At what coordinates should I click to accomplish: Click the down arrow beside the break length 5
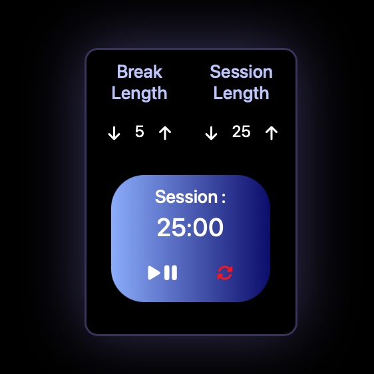coord(114,133)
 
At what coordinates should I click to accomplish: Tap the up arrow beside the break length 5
coord(165,133)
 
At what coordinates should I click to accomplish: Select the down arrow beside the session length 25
coord(211,133)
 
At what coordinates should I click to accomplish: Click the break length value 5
coord(140,132)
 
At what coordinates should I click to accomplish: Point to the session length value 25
coord(241,132)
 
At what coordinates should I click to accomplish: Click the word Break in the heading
coord(140,72)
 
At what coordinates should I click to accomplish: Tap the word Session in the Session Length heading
coord(241,72)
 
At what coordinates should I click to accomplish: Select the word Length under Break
coord(140,93)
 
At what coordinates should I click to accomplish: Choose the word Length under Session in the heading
coord(241,93)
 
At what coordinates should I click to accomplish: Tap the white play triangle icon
coord(154,273)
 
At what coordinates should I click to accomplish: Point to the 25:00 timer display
coord(190,228)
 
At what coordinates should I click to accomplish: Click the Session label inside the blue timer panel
coord(186,197)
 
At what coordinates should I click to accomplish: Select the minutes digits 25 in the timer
coord(172,228)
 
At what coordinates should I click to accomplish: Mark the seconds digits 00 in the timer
coord(208,228)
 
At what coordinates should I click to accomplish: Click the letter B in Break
coord(122,72)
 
